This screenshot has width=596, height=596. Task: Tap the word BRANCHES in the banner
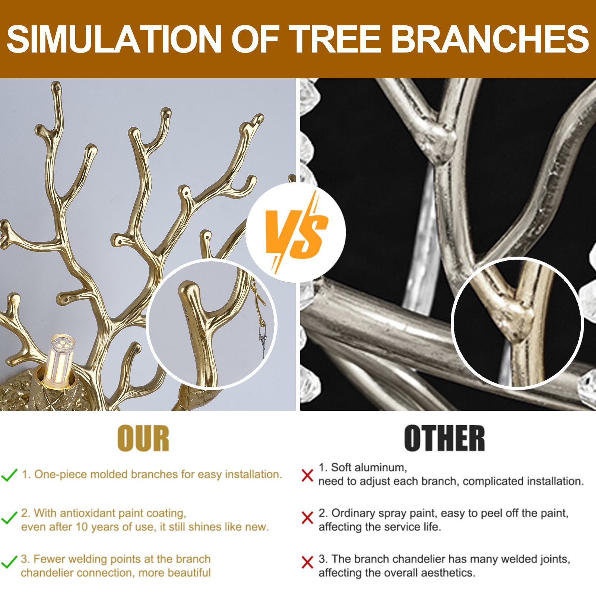pyautogui.click(x=490, y=39)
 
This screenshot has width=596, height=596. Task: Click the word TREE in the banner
pyautogui.click(x=335, y=39)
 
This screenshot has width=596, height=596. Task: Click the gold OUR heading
pyautogui.click(x=143, y=438)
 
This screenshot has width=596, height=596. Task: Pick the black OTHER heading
pyautogui.click(x=445, y=438)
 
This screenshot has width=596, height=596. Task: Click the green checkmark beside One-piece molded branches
pyautogui.click(x=9, y=475)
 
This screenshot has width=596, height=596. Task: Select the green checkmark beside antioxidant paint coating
pyautogui.click(x=9, y=518)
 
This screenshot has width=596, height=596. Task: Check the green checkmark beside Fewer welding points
pyautogui.click(x=9, y=562)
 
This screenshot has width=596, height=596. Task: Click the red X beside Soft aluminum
pyautogui.click(x=307, y=475)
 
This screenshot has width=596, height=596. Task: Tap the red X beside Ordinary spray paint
pyautogui.click(x=307, y=518)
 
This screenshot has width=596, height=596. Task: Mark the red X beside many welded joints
pyautogui.click(x=307, y=562)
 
